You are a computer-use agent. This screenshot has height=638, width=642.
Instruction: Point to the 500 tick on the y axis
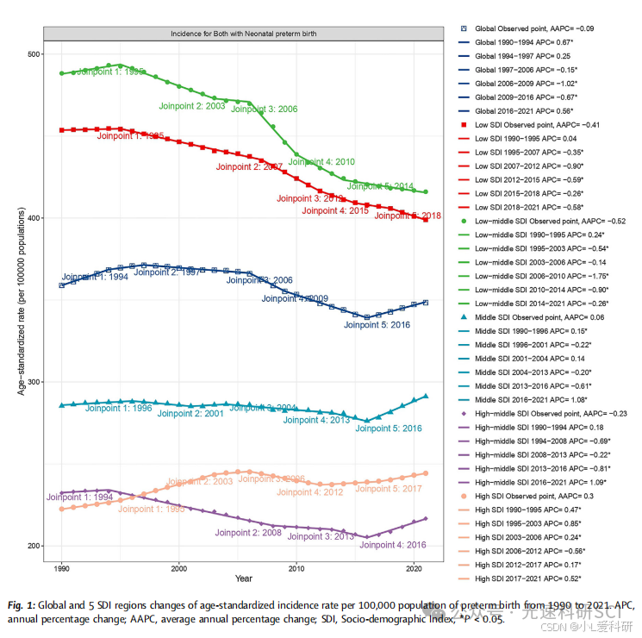(x=41, y=54)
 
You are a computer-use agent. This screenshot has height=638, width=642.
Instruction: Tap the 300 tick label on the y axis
(x=32, y=382)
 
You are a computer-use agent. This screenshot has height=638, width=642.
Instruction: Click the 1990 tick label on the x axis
(x=62, y=568)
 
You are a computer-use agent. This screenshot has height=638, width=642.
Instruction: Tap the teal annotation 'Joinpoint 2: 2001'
(x=190, y=414)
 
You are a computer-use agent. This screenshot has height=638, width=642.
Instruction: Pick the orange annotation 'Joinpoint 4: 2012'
(x=310, y=492)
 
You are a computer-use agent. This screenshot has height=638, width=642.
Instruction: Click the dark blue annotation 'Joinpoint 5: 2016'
(x=377, y=325)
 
